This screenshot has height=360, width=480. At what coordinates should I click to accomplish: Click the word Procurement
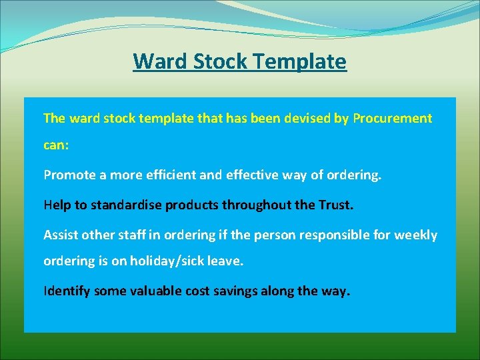tap(392, 119)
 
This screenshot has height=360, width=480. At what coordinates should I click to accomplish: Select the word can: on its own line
tap(56, 145)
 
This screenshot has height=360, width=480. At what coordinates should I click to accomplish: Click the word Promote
tap(68, 175)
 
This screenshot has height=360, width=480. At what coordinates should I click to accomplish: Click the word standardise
tap(124, 205)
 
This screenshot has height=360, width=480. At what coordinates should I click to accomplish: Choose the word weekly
tap(416, 235)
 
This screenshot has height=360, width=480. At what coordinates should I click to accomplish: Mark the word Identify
tap(67, 291)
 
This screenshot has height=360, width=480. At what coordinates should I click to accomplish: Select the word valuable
tap(153, 291)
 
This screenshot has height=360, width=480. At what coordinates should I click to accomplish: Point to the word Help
tap(56, 205)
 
